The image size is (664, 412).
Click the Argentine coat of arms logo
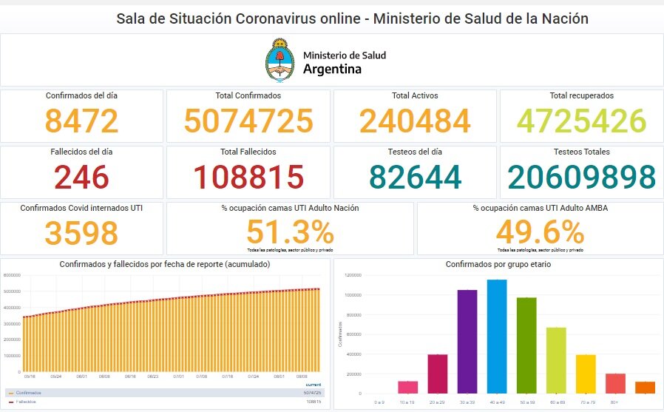(280, 61)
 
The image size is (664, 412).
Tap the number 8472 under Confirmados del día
(81, 121)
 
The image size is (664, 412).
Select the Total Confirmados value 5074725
(248, 121)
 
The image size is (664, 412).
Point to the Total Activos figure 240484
(415, 121)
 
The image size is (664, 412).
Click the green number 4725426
(581, 121)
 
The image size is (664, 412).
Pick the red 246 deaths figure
(81, 178)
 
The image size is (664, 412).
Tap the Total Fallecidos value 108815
(248, 178)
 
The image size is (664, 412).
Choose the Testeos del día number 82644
(415, 178)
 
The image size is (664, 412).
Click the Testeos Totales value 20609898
(581, 178)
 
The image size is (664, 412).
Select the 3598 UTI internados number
(81, 233)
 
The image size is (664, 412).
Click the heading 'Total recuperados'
(581, 95)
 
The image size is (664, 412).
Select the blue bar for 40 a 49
(497, 337)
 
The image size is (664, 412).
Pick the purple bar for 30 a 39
(467, 341)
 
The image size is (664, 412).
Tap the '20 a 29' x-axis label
(438, 402)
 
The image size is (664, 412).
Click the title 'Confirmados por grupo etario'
(497, 264)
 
